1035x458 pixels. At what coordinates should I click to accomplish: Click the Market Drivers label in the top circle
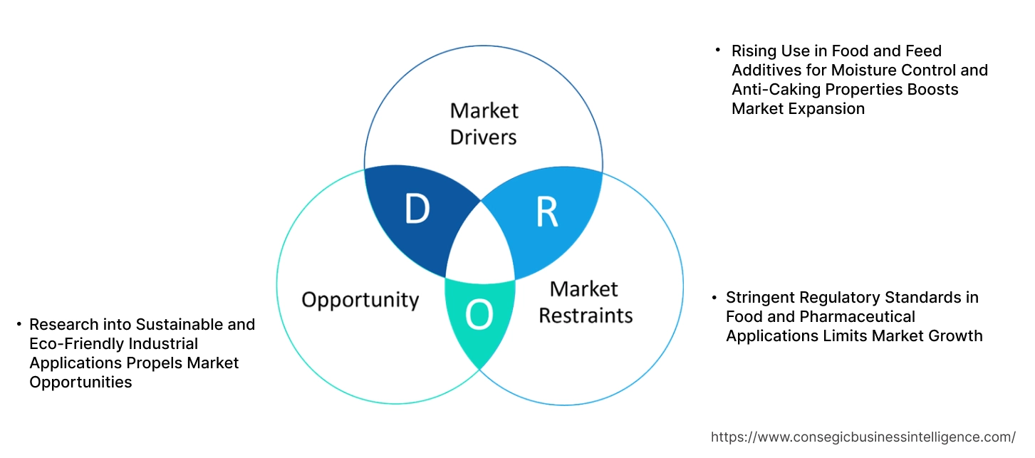point(484,123)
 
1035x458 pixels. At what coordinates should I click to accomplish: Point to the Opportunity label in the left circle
point(360,299)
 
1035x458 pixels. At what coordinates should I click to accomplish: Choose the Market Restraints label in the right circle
point(585,302)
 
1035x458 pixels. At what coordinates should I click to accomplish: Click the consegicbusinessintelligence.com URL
point(863,437)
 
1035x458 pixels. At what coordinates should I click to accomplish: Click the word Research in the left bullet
point(63,325)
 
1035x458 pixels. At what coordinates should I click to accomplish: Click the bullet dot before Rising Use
point(718,51)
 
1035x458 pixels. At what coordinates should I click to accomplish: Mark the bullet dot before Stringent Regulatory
point(714,297)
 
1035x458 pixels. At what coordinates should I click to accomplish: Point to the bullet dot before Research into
point(19,325)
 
